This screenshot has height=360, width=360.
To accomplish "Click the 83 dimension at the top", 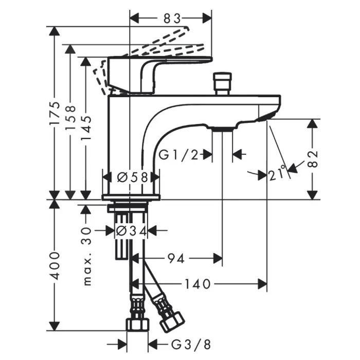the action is tap(172, 19).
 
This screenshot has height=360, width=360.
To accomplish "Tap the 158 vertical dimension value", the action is tap(70, 117).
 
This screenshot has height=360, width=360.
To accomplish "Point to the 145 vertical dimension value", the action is tap(86, 128).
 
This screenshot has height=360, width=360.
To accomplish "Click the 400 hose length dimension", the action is tap(55, 266).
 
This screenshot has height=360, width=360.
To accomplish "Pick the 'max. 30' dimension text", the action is tap(87, 256).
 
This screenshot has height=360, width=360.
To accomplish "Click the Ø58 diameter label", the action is tap(133, 177).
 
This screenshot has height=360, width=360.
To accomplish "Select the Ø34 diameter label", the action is tap(131, 231).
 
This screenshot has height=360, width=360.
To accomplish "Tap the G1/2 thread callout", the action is tap(178, 155).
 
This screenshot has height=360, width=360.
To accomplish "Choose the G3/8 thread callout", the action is tap(191, 345).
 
